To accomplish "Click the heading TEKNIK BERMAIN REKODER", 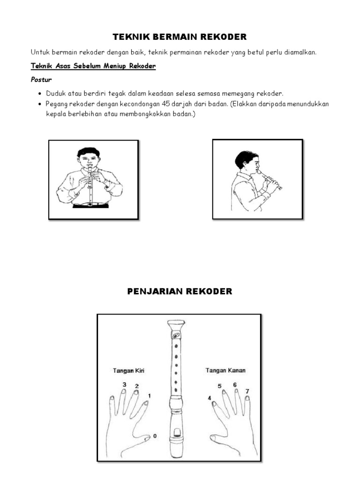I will click(180, 37).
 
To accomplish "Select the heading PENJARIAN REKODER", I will click(180, 292).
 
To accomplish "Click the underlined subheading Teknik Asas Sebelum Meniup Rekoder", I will click(93, 67).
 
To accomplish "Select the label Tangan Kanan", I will click(225, 370).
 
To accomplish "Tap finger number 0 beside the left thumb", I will click(155, 436).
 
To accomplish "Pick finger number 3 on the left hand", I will click(124, 385).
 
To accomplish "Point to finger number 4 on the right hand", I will click(209, 398).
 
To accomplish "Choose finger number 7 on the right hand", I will click(247, 391).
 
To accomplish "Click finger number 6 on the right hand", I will click(235, 385).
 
